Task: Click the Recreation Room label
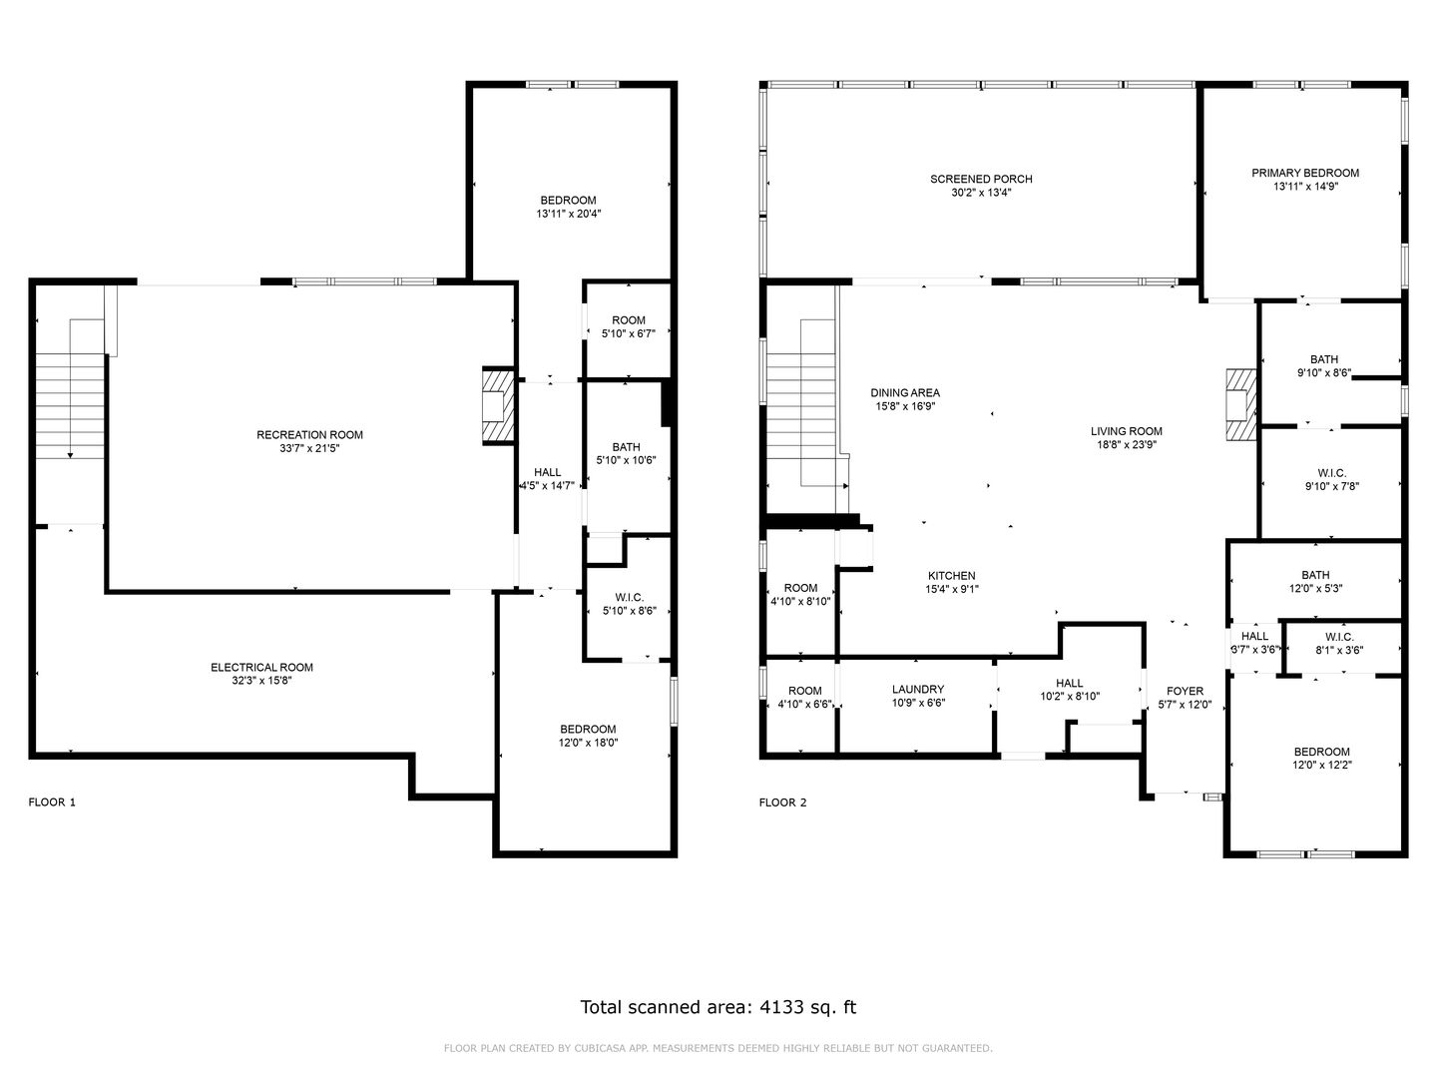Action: [x=309, y=434]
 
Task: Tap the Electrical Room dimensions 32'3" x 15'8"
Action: [x=261, y=681]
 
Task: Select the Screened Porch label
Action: [x=981, y=179]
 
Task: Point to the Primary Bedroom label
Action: [x=1304, y=173]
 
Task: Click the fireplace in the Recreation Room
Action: [x=498, y=406]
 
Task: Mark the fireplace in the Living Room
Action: [x=1240, y=404]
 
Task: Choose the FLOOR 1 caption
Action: [x=52, y=803]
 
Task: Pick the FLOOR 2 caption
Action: [x=782, y=803]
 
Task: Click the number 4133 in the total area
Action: [x=781, y=1007]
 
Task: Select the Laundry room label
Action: [x=918, y=689]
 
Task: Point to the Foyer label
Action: [x=1185, y=691]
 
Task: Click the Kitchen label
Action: [x=951, y=576]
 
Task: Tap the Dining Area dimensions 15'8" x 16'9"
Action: [x=905, y=406]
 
